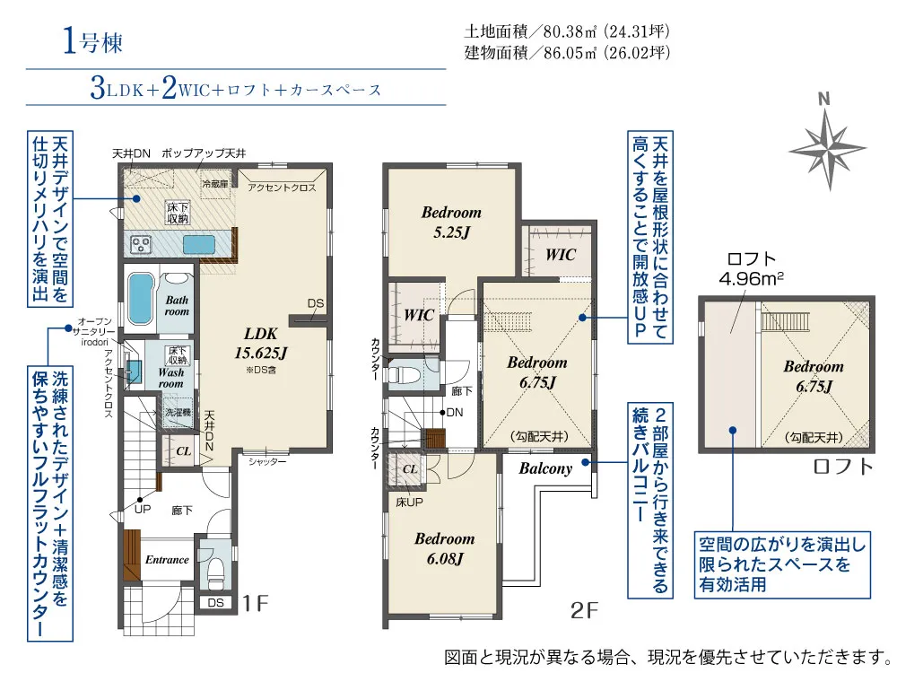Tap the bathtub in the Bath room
pos(141,298)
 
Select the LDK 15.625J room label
pos(260,343)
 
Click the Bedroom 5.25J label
pos(451,222)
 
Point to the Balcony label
pos(545,468)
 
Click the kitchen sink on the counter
pos(199,245)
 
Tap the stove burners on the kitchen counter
pos(140,245)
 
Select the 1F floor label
pos(255,603)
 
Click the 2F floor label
pos(584,610)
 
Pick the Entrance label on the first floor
pos(167,560)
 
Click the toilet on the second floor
pos(402,375)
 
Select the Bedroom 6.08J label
pos(445,548)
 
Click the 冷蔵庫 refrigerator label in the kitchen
pos(215,184)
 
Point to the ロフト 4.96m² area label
pos(751,268)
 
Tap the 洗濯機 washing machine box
pos(178,413)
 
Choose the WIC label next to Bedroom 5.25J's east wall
pos(560,254)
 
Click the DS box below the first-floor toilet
pos(215,603)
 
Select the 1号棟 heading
pos(92,42)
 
